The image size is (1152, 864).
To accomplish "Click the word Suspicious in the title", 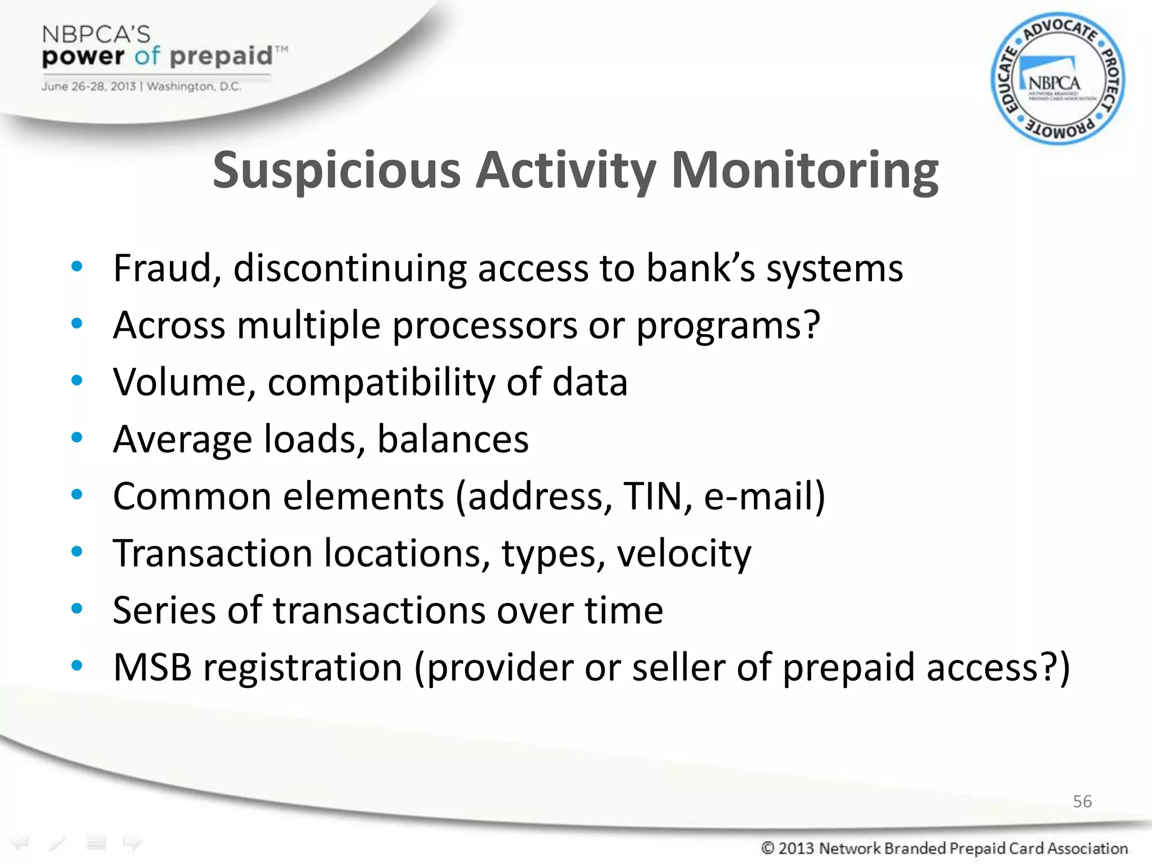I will tap(336, 171).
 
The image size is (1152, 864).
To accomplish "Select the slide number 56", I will tap(1082, 801).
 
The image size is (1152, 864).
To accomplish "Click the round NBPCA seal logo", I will tap(1057, 79).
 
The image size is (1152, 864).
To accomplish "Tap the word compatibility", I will tap(381, 382).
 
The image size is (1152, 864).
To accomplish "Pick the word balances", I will tap(453, 439).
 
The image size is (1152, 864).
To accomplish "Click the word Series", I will tap(164, 610).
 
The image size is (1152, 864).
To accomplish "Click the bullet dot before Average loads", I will tap(77, 437).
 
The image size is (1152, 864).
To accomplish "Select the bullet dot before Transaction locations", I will tap(77, 551).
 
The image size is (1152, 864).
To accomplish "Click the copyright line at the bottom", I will tap(944, 848).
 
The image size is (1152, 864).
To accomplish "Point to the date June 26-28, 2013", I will tap(88, 87).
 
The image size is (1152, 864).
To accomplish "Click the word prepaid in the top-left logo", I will tap(220, 56).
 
